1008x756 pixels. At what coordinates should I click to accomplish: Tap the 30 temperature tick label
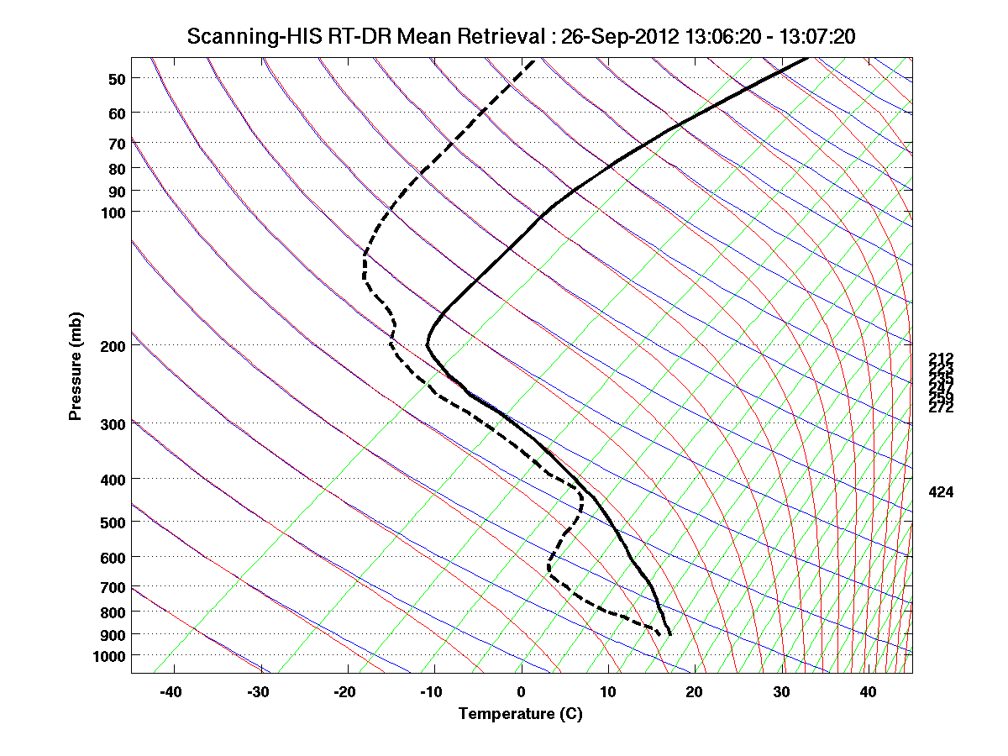pos(781,692)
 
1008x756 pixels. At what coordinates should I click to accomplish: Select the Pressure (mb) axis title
pos(76,366)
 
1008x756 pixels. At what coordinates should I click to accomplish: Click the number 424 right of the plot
pos(941,492)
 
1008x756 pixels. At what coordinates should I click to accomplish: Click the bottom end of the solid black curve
pos(669,634)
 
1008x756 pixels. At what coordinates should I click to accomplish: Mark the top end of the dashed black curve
pos(533,60)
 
